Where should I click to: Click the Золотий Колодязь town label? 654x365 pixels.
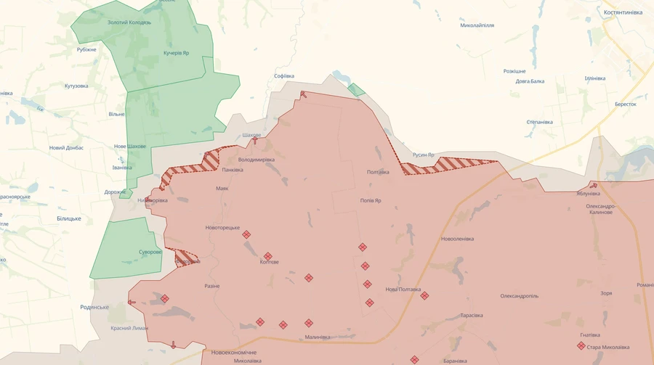tap(129, 22)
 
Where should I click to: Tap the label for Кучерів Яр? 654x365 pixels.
tap(176, 53)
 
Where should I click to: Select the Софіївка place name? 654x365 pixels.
tap(284, 75)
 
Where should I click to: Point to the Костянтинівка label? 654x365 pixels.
tap(623, 12)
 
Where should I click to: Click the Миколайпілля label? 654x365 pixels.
tap(477, 25)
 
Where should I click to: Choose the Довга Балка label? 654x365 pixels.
tap(530, 81)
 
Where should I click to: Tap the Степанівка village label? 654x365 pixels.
tap(539, 122)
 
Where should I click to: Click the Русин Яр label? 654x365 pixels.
tap(423, 155)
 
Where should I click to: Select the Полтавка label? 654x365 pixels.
tap(378, 172)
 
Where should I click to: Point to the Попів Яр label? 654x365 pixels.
tap(371, 200)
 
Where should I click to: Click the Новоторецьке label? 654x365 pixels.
tap(222, 227)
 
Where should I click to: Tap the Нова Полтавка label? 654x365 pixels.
tap(403, 289)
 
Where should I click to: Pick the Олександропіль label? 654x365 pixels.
tap(519, 296)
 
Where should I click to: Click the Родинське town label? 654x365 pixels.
tap(94, 307)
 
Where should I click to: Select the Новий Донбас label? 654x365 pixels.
tap(66, 147)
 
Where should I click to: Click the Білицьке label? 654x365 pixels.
tap(69, 218)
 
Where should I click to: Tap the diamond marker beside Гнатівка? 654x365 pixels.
tap(581, 346)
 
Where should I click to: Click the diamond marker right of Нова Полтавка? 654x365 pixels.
tap(424, 295)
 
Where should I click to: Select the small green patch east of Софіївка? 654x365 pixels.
tap(356, 89)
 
